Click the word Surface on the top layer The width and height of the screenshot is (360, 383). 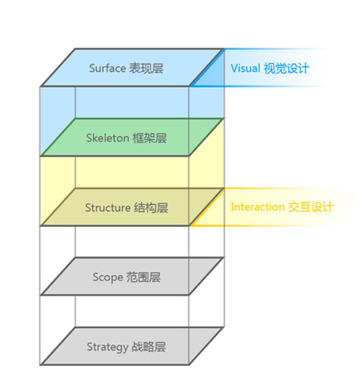107,68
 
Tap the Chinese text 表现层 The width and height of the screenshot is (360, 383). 146,68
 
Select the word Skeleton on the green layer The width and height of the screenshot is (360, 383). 107,138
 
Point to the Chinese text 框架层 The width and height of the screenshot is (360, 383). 149,138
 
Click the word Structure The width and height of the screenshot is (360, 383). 108,208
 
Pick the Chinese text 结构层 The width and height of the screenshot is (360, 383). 151,208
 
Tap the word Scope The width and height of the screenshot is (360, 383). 108,278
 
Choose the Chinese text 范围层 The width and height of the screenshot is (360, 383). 143,277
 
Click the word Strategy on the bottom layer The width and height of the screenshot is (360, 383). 107,347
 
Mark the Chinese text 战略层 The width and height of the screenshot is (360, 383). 149,347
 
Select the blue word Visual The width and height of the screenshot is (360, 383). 245,68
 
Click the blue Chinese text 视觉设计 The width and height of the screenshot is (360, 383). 287,68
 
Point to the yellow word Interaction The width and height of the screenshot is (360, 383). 258,207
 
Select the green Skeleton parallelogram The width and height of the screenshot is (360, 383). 133,137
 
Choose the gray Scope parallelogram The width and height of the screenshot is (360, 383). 133,276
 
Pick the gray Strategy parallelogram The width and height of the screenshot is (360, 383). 133,346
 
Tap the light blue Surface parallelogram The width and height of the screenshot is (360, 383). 133,67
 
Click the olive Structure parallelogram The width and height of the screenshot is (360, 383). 133,207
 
